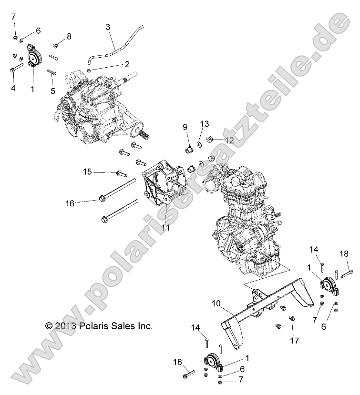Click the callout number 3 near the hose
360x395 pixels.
[108, 27]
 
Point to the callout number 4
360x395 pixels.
[13, 88]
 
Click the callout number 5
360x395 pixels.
[53, 91]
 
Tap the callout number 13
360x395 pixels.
[204, 124]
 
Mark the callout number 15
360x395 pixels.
[87, 172]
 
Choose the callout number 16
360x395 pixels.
[84, 203]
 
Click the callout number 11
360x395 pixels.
[165, 228]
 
